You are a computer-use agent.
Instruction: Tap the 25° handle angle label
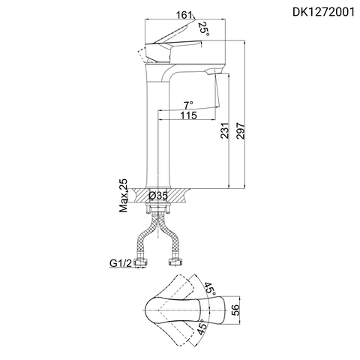[203, 28]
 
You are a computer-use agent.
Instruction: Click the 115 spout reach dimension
[189, 115]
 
